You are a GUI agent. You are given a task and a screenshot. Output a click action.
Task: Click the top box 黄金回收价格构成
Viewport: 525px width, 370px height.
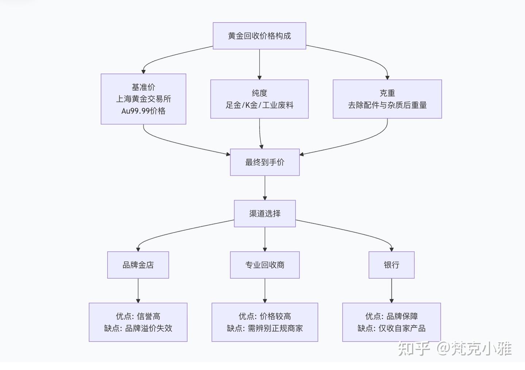(259, 36)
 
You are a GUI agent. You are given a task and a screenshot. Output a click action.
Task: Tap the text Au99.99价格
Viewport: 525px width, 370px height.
(143, 111)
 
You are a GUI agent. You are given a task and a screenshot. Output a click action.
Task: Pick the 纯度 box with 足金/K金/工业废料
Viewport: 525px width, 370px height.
(259, 99)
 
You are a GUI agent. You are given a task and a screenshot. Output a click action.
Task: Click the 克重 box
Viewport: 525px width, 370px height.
(387, 99)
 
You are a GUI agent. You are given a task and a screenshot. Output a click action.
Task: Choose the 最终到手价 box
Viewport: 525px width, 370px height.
(265, 162)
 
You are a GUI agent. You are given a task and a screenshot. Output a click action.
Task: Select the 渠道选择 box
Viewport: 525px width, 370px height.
(265, 214)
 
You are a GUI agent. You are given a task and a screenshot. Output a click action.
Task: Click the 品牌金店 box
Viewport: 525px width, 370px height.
(138, 265)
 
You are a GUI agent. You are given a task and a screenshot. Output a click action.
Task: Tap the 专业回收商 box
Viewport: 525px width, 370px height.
(265, 265)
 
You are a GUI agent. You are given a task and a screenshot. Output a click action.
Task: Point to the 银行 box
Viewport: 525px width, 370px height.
(392, 265)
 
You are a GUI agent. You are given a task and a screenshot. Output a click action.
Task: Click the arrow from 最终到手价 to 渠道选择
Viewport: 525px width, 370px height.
(265, 188)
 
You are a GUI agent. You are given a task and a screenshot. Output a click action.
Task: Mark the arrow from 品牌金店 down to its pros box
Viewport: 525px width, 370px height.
(138, 291)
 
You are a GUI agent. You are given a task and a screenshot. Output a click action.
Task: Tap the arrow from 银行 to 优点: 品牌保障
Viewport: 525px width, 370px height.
(392, 291)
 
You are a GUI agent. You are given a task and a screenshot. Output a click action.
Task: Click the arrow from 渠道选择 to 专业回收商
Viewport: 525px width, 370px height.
(265, 239)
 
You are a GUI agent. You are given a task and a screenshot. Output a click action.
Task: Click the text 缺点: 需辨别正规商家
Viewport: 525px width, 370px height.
(265, 328)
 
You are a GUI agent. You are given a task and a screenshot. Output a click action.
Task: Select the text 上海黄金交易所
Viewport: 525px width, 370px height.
(143, 99)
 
